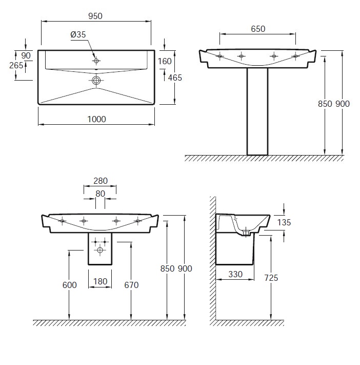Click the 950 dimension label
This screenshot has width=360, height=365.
pos(95,16)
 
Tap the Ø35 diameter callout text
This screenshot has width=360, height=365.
pos(78,34)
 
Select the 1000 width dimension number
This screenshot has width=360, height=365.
pos(96,119)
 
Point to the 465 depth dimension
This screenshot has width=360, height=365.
pos(175,78)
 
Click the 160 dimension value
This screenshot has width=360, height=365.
pos(165,61)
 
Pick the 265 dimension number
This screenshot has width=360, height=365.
pos(16,65)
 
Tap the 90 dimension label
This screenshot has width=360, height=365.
pos(26,55)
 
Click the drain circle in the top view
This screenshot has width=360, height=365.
pos(96,81)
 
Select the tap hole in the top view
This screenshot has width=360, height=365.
pos(96,61)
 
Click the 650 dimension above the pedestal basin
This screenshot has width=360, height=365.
pos(258,29)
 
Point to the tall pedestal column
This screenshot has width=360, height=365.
pos(257,111)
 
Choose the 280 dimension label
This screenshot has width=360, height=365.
pos(101,181)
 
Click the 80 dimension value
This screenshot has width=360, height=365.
pos(100,194)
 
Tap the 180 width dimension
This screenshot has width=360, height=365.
pos(100,281)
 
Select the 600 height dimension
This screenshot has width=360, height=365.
pos(70,285)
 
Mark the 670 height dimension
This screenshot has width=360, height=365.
pos(131,285)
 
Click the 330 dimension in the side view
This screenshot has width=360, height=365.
pos(235,274)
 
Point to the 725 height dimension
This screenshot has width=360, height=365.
pos(271,278)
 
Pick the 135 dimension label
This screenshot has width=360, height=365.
pos(284,222)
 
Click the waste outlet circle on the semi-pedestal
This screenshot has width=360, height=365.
pos(100,250)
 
